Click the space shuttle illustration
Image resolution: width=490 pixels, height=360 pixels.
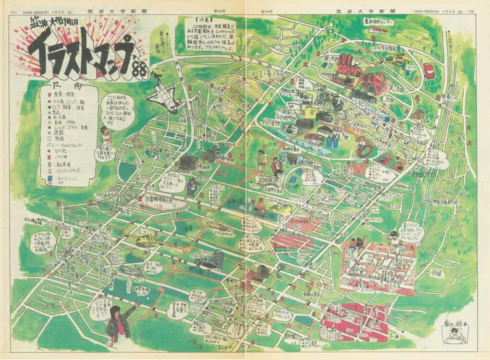tap(161, 96)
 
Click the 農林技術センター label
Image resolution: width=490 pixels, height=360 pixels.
tap(379, 22)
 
